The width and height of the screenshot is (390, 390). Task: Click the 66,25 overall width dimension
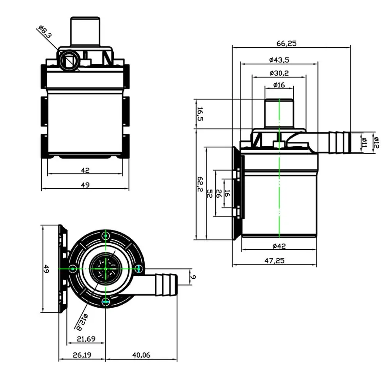click(x=287, y=43)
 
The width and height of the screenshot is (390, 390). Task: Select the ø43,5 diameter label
click(x=278, y=60)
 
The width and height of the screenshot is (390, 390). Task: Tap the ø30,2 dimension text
click(x=278, y=73)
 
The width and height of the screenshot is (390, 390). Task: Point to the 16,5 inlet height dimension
click(x=200, y=114)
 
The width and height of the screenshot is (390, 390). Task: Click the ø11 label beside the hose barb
click(x=364, y=142)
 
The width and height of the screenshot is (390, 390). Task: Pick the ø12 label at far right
click(x=376, y=142)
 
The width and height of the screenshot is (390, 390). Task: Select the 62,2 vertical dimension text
click(x=200, y=184)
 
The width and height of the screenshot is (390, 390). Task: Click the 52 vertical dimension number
click(x=210, y=194)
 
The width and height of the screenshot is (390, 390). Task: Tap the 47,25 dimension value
click(x=275, y=261)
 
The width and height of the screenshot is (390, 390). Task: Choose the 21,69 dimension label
click(x=86, y=339)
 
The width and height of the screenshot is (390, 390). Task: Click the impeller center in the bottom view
click(x=105, y=269)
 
